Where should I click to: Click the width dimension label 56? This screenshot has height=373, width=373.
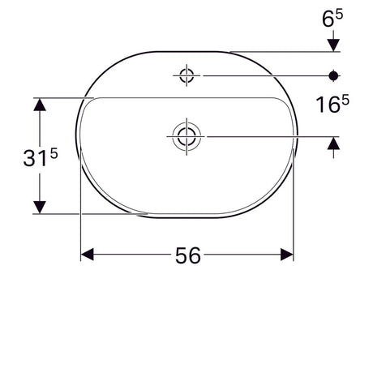pos(188,255)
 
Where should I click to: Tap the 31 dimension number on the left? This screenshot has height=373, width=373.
pos(33,158)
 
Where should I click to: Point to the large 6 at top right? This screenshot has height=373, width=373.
pos(328,19)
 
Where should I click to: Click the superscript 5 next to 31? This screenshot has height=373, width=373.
pos(54,154)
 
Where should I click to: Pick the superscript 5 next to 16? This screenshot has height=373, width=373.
pos(345,100)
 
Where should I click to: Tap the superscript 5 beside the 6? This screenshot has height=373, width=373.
pos(339,14)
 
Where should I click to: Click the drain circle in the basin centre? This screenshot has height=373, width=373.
pos(186,136)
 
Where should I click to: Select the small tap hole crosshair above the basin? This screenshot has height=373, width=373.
pos(186,75)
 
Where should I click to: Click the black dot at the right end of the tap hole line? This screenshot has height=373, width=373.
pos(333,76)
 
